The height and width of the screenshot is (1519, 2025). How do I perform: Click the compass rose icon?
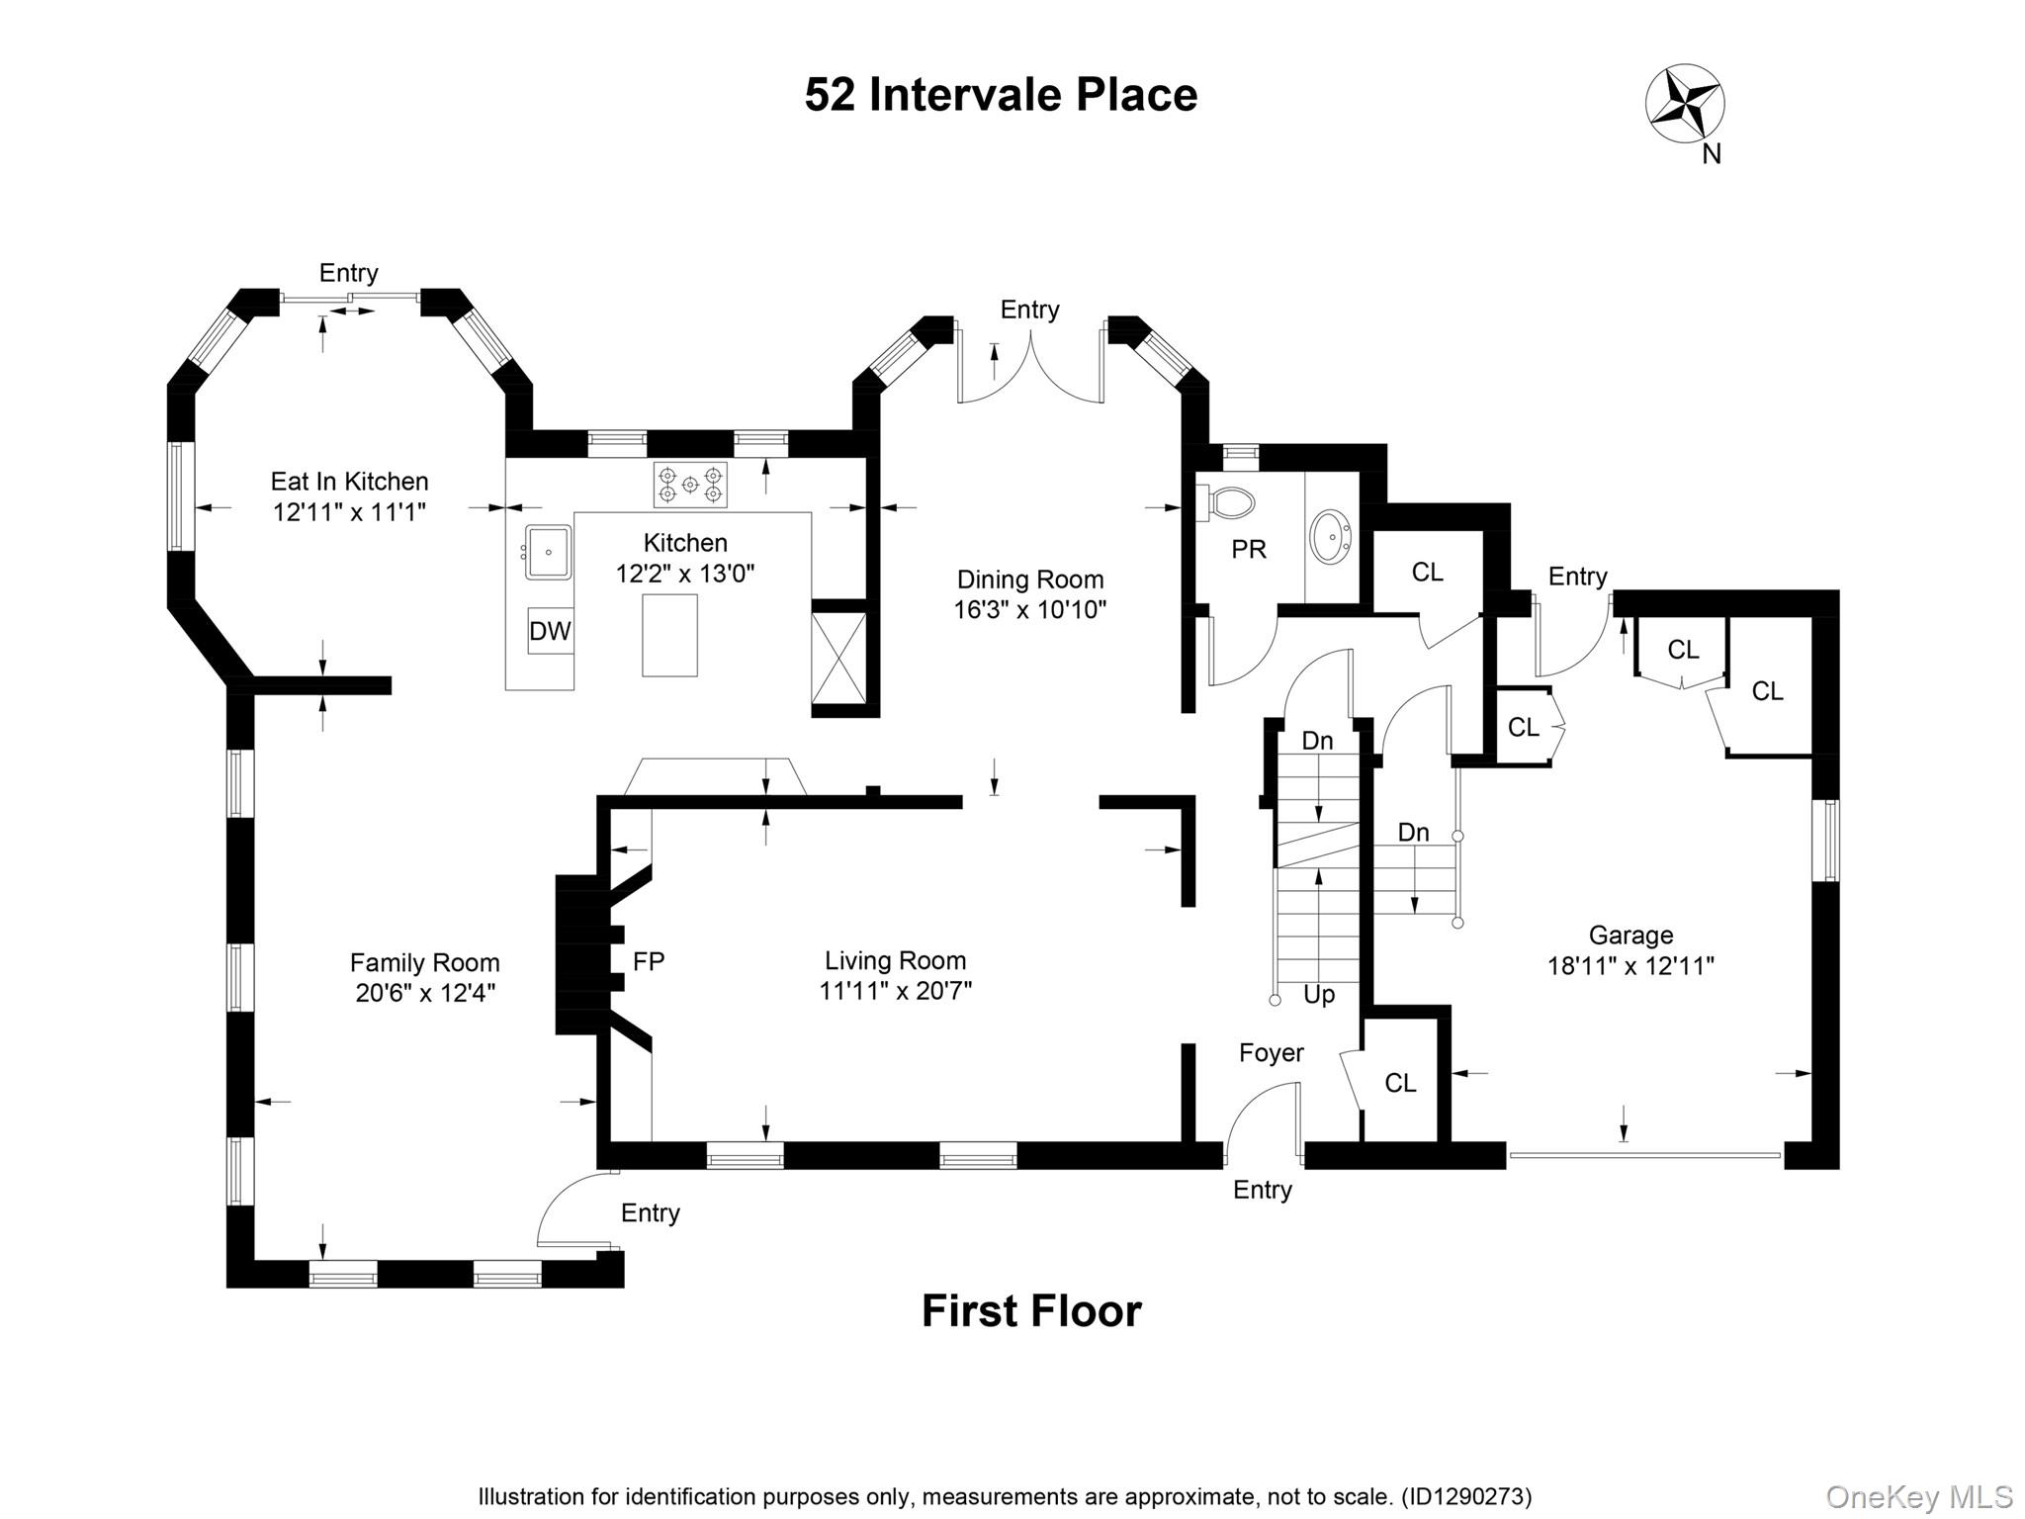click(1684, 104)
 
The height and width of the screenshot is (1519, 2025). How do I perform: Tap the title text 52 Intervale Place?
click(1001, 96)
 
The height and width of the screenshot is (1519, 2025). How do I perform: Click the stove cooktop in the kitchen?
click(689, 485)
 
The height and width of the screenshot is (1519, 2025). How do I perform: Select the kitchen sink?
click(547, 552)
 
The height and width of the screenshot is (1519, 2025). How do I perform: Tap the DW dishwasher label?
click(550, 631)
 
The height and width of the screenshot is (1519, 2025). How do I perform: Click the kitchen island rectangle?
click(669, 635)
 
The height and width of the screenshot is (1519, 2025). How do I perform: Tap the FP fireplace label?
click(649, 960)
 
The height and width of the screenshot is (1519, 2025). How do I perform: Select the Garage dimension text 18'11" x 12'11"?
click(1630, 966)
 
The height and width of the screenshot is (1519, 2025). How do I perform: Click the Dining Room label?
click(1029, 580)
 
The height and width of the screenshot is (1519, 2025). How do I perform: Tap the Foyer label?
click(1271, 1053)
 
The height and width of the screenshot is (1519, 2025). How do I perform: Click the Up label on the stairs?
click(1319, 994)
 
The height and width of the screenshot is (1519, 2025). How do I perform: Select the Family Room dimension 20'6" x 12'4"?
click(425, 993)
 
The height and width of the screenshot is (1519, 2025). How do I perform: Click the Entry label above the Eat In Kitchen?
click(348, 273)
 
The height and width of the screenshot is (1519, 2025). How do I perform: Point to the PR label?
click(1248, 550)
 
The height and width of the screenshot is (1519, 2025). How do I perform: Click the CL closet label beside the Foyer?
click(1400, 1083)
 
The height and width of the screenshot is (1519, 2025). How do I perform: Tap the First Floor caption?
click(1031, 1311)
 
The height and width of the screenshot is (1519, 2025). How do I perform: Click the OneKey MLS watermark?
click(1918, 1496)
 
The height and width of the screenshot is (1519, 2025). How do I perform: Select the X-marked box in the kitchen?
click(838, 658)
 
